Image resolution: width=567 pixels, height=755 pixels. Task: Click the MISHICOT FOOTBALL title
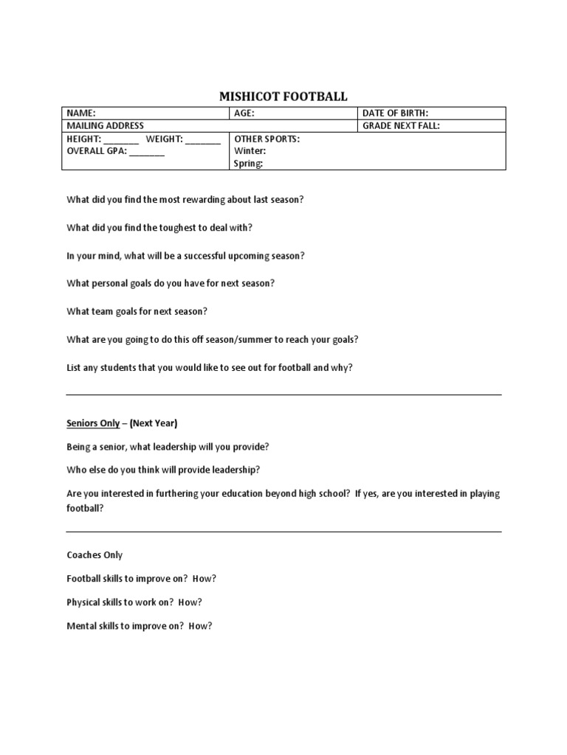point(283,97)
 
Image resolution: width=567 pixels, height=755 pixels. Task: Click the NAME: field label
point(81,114)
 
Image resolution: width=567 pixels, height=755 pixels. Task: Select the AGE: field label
point(244,114)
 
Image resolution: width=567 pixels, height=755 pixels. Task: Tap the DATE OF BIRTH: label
point(395,114)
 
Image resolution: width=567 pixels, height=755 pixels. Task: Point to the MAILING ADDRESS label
point(106,126)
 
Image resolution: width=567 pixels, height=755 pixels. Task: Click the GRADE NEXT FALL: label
point(401,126)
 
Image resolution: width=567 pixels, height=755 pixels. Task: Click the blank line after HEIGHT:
point(121,139)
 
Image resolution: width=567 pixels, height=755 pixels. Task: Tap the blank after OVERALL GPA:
point(148,152)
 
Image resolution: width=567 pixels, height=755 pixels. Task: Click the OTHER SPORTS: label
point(267,139)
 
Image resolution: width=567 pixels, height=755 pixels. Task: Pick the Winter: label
point(250,151)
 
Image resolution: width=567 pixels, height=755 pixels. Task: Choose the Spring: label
point(249,164)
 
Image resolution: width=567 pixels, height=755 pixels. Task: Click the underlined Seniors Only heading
point(93,423)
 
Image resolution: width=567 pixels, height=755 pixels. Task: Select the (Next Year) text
point(154,423)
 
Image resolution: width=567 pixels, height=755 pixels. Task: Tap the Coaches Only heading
point(94,555)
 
